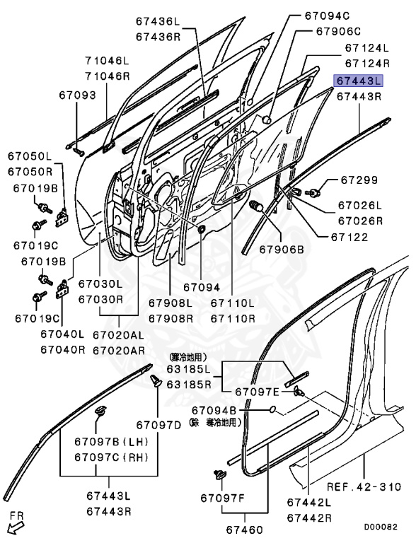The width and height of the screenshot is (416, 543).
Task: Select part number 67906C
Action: [x=338, y=32]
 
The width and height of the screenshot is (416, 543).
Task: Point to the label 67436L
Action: [x=159, y=22]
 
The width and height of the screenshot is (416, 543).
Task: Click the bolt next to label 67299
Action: [x=313, y=191]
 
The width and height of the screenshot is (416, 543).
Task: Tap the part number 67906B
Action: [x=281, y=249]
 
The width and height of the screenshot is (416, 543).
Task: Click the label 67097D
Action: [x=159, y=424]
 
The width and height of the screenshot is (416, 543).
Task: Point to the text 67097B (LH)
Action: [x=110, y=442]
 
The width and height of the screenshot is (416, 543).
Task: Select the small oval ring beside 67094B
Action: [x=272, y=409]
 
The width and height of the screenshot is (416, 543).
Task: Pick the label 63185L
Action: [x=188, y=368]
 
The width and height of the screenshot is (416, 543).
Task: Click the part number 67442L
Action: [x=309, y=502]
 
